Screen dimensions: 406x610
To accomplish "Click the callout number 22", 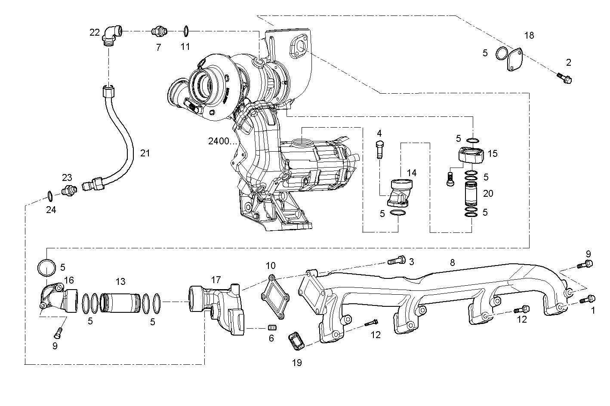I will click(95, 32).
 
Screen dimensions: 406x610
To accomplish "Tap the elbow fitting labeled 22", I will click(111, 34).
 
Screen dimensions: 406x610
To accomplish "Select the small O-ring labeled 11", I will click(186, 31).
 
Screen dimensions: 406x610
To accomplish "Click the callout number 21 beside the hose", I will click(145, 153).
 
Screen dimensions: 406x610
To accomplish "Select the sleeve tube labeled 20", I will click(472, 194).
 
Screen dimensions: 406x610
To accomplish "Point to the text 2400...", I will click(221, 141).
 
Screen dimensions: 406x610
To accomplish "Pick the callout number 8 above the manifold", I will click(452, 262).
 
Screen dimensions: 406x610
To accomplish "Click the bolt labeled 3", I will click(397, 260).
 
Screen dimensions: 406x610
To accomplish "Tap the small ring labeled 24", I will click(49, 196).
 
